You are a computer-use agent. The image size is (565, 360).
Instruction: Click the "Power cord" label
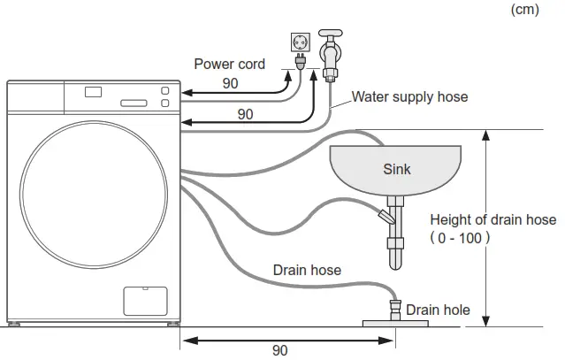(x=229, y=65)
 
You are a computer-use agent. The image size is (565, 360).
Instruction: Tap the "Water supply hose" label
(x=410, y=96)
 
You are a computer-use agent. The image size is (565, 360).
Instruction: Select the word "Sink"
(x=397, y=168)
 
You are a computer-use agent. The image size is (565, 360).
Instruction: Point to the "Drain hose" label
(x=307, y=270)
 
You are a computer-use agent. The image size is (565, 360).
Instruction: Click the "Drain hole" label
(x=439, y=310)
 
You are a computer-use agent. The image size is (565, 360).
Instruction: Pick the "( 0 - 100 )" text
(x=460, y=238)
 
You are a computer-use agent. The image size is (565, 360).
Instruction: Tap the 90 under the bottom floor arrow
(x=279, y=350)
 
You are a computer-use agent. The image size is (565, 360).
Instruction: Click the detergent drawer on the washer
(x=35, y=96)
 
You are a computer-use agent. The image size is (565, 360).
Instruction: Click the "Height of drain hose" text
(x=492, y=220)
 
